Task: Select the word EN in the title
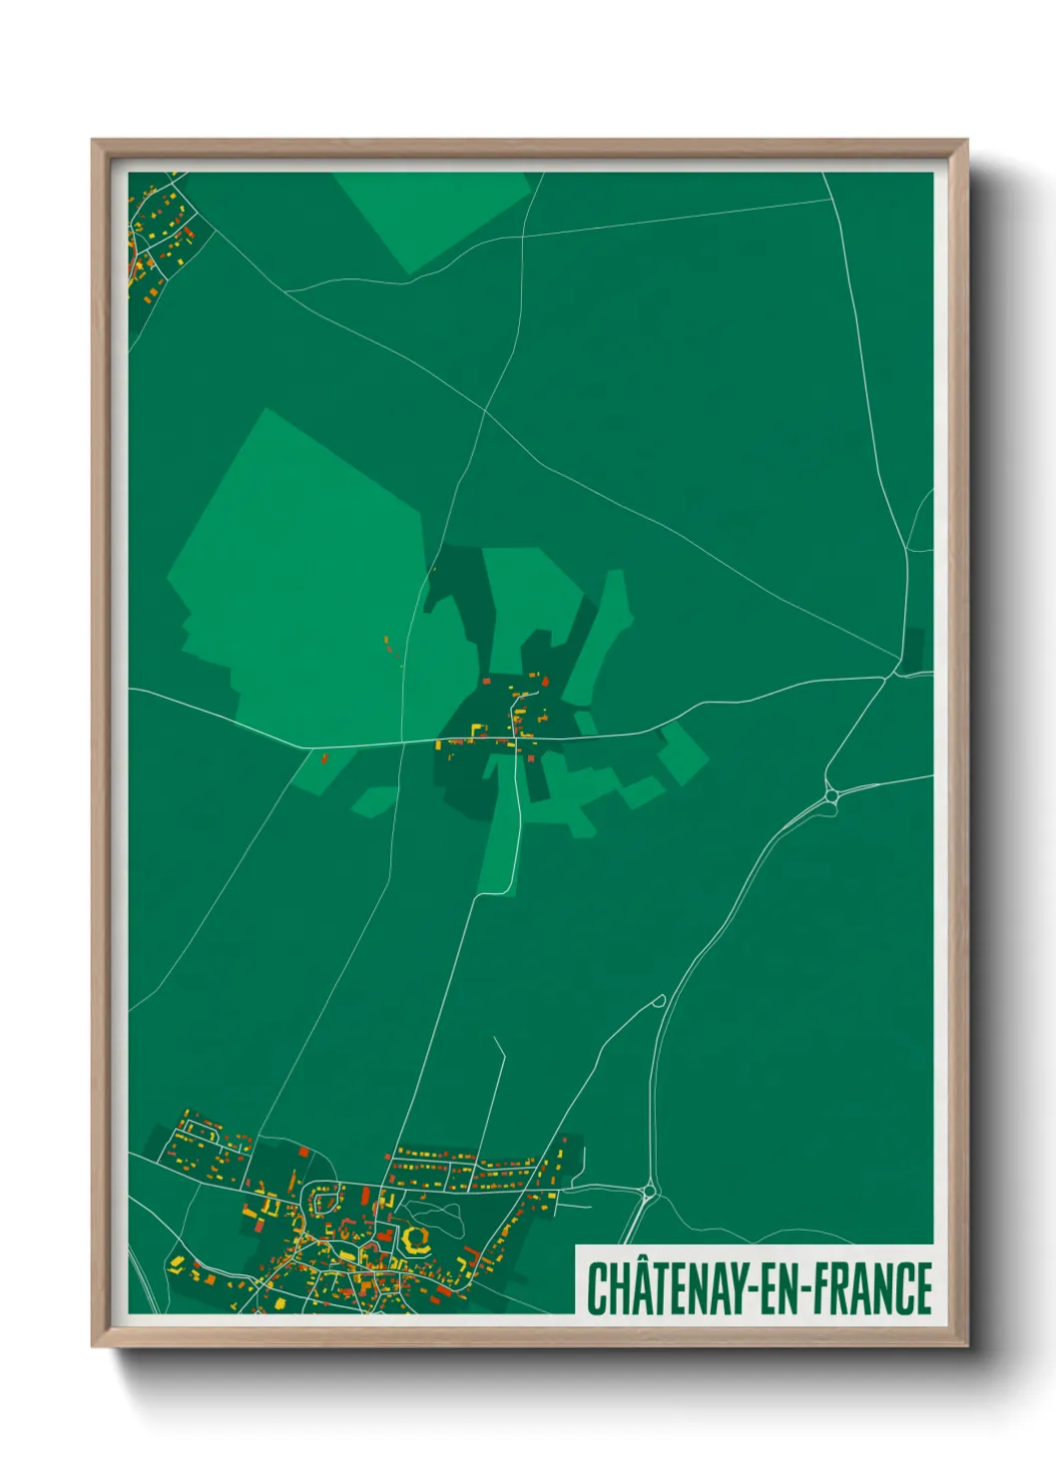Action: pos(780,1288)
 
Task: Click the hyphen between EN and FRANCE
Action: pos(805,1290)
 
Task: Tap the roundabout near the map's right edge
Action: pos(830,795)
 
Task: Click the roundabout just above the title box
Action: pos(650,1190)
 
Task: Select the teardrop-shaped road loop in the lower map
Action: pos(658,1000)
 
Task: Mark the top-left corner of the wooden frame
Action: pos(93,141)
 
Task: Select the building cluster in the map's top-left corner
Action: pos(160,235)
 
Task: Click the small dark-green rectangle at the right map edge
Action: pos(913,649)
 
